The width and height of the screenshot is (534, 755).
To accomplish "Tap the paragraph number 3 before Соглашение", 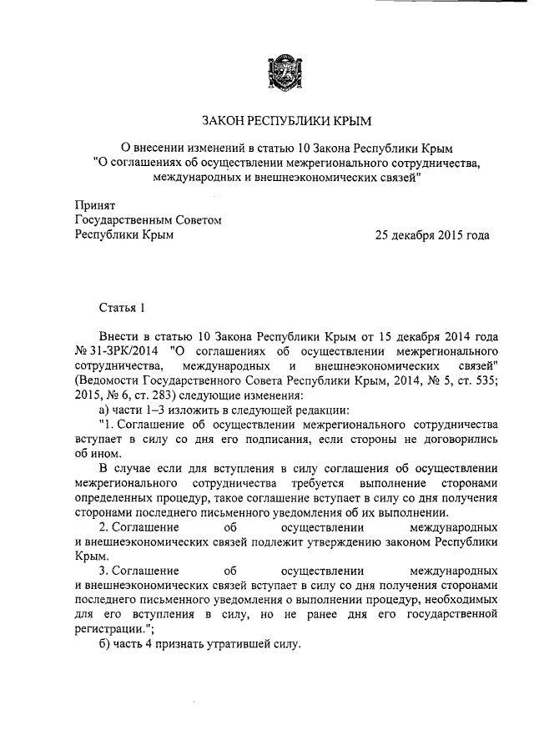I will pyautogui.click(x=103, y=572).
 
